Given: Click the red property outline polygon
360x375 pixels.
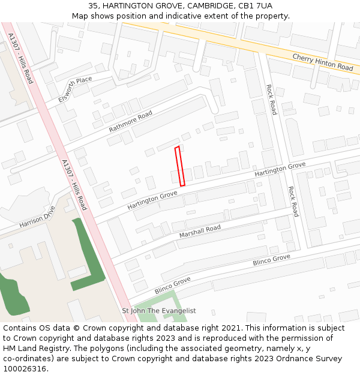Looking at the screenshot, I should click(x=179, y=166).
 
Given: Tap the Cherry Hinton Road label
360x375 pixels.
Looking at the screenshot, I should click(x=323, y=62).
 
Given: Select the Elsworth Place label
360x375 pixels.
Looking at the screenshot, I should click(x=75, y=89).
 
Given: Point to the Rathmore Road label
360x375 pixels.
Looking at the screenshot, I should click(x=131, y=122).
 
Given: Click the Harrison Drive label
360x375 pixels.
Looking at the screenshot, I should click(x=37, y=217).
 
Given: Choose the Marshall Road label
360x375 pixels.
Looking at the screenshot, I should click(x=200, y=232).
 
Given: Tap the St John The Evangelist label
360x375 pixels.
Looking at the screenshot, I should click(x=159, y=311).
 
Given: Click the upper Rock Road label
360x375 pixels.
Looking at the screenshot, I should click(x=271, y=99).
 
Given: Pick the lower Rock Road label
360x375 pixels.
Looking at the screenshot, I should click(x=292, y=201).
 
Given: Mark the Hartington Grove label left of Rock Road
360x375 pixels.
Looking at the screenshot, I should click(x=280, y=169).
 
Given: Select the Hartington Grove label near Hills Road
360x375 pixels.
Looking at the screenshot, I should click(x=152, y=200).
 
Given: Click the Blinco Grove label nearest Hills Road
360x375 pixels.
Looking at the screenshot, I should click(x=172, y=285).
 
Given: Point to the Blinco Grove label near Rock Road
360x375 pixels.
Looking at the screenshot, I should click(x=271, y=260).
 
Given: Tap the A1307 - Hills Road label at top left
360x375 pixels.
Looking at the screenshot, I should click(x=21, y=58).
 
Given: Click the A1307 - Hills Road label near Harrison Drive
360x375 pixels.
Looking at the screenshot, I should click(x=74, y=184).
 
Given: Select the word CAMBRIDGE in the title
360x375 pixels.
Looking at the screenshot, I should click(x=203, y=5).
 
